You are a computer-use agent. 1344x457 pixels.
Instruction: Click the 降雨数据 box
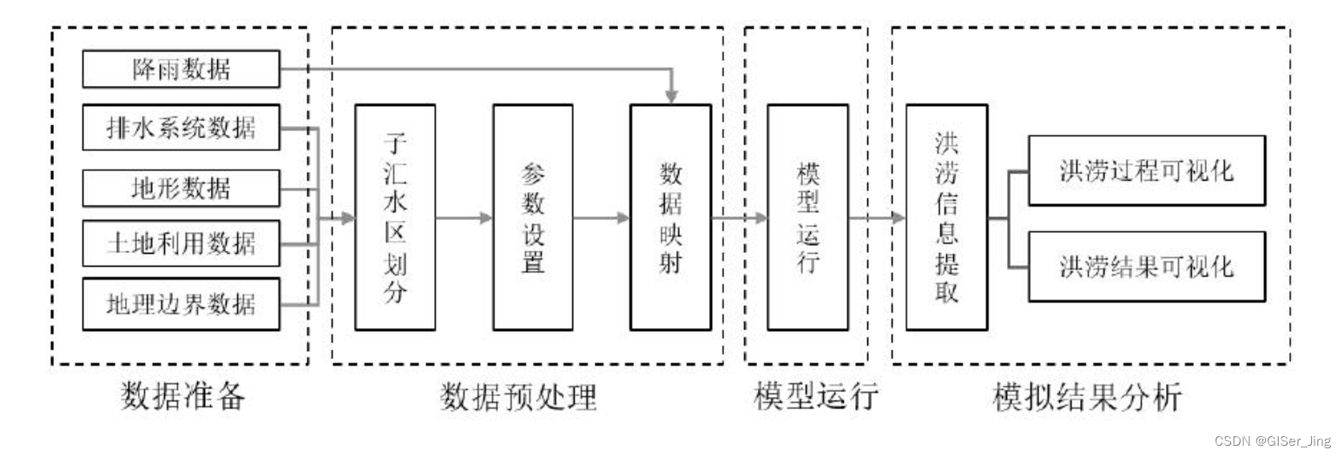(181, 70)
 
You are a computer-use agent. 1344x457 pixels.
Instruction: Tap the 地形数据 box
(181, 188)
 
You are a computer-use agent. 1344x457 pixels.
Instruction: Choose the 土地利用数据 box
(181, 243)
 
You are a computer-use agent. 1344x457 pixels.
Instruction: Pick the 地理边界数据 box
(181, 304)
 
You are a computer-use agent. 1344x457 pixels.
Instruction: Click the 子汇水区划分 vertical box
(395, 217)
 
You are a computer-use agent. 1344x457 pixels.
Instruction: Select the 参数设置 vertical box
(532, 217)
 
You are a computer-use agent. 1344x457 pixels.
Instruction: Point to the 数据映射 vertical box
(670, 217)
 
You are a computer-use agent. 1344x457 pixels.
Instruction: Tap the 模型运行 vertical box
(807, 217)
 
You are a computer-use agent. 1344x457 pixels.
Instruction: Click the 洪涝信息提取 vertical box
(945, 217)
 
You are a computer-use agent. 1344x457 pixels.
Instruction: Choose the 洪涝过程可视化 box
(1146, 170)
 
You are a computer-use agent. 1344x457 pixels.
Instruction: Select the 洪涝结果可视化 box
(1146, 265)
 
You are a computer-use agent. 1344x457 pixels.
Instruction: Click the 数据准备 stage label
(182, 397)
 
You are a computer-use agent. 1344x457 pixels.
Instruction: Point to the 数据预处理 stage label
(518, 397)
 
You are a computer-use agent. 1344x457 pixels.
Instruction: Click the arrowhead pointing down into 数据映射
(670, 95)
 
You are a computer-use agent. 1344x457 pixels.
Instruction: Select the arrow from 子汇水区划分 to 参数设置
(464, 218)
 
